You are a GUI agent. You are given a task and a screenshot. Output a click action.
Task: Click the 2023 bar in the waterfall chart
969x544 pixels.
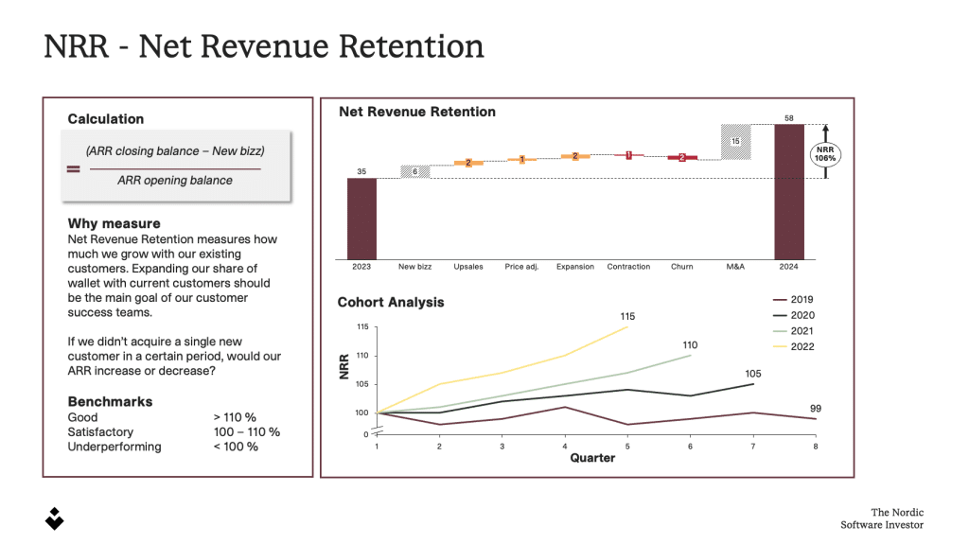coord(361,218)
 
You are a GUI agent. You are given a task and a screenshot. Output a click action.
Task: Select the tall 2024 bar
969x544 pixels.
coord(789,189)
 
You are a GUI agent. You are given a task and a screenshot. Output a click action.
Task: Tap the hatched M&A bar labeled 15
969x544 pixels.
coord(735,141)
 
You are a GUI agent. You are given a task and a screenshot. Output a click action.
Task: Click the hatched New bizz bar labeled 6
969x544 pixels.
coord(414,171)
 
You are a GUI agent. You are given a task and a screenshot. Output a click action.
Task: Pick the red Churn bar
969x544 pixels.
coord(682,157)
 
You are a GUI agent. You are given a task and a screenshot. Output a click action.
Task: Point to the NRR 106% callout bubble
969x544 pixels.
coord(825,153)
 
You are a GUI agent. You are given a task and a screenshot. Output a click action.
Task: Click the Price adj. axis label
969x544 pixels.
coord(521,267)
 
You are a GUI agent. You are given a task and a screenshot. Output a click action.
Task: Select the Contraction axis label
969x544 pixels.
coord(628,267)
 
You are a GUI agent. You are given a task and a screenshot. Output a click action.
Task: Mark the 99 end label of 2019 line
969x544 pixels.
coord(815,408)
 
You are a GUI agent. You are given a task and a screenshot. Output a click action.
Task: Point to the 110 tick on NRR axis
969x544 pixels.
coord(362,356)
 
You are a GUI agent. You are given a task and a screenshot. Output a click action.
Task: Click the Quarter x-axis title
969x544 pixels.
coord(591,458)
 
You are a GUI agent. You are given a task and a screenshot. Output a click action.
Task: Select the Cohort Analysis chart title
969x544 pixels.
coord(391,303)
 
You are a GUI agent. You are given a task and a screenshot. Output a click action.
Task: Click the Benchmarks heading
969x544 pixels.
coord(110,401)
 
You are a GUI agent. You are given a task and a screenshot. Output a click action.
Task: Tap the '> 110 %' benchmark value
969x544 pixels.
coord(235,417)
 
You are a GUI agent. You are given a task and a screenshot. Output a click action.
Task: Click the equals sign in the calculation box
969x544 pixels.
coord(73,170)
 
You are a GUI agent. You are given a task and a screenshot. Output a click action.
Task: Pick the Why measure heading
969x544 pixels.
coord(114,224)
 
